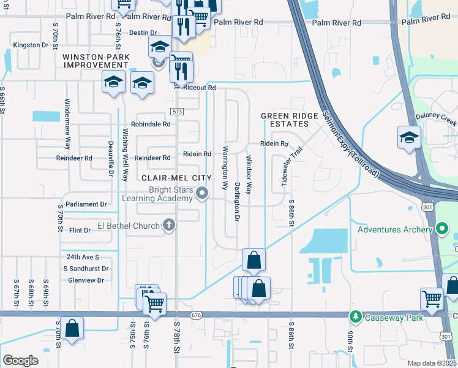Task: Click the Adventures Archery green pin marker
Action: tap(440, 230)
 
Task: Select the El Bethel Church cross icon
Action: tap(169, 226)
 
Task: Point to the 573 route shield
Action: tap(176, 111)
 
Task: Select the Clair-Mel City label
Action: tap(176, 178)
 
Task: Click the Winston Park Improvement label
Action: tap(95, 61)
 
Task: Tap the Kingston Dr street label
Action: tap(31, 45)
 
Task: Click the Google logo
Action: tap(20, 360)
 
